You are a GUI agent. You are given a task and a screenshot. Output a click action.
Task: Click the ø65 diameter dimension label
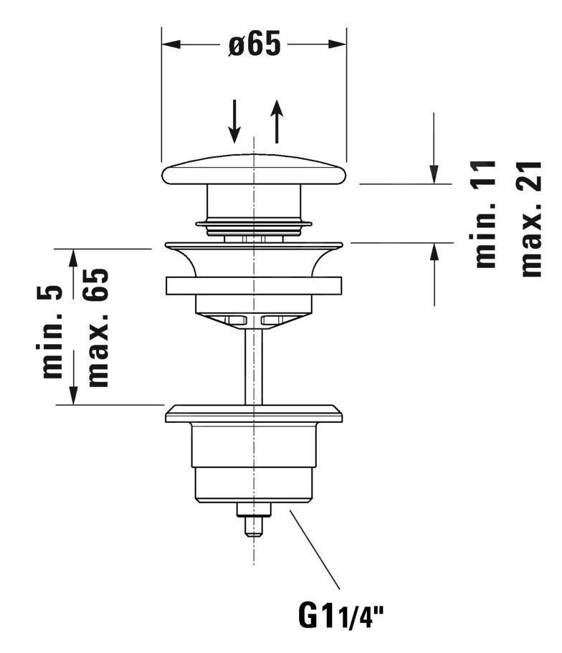pyautogui.click(x=254, y=44)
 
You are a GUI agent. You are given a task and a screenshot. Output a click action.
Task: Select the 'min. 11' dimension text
pyautogui.click(x=487, y=214)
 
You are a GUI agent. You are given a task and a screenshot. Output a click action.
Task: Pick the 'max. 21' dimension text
pyautogui.click(x=532, y=218)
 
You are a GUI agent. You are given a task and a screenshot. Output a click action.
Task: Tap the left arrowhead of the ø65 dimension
pyautogui.click(x=170, y=44)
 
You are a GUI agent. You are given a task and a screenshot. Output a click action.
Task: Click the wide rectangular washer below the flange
pyautogui.click(x=254, y=285)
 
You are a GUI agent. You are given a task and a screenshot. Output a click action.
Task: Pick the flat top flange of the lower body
pyautogui.click(x=254, y=414)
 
